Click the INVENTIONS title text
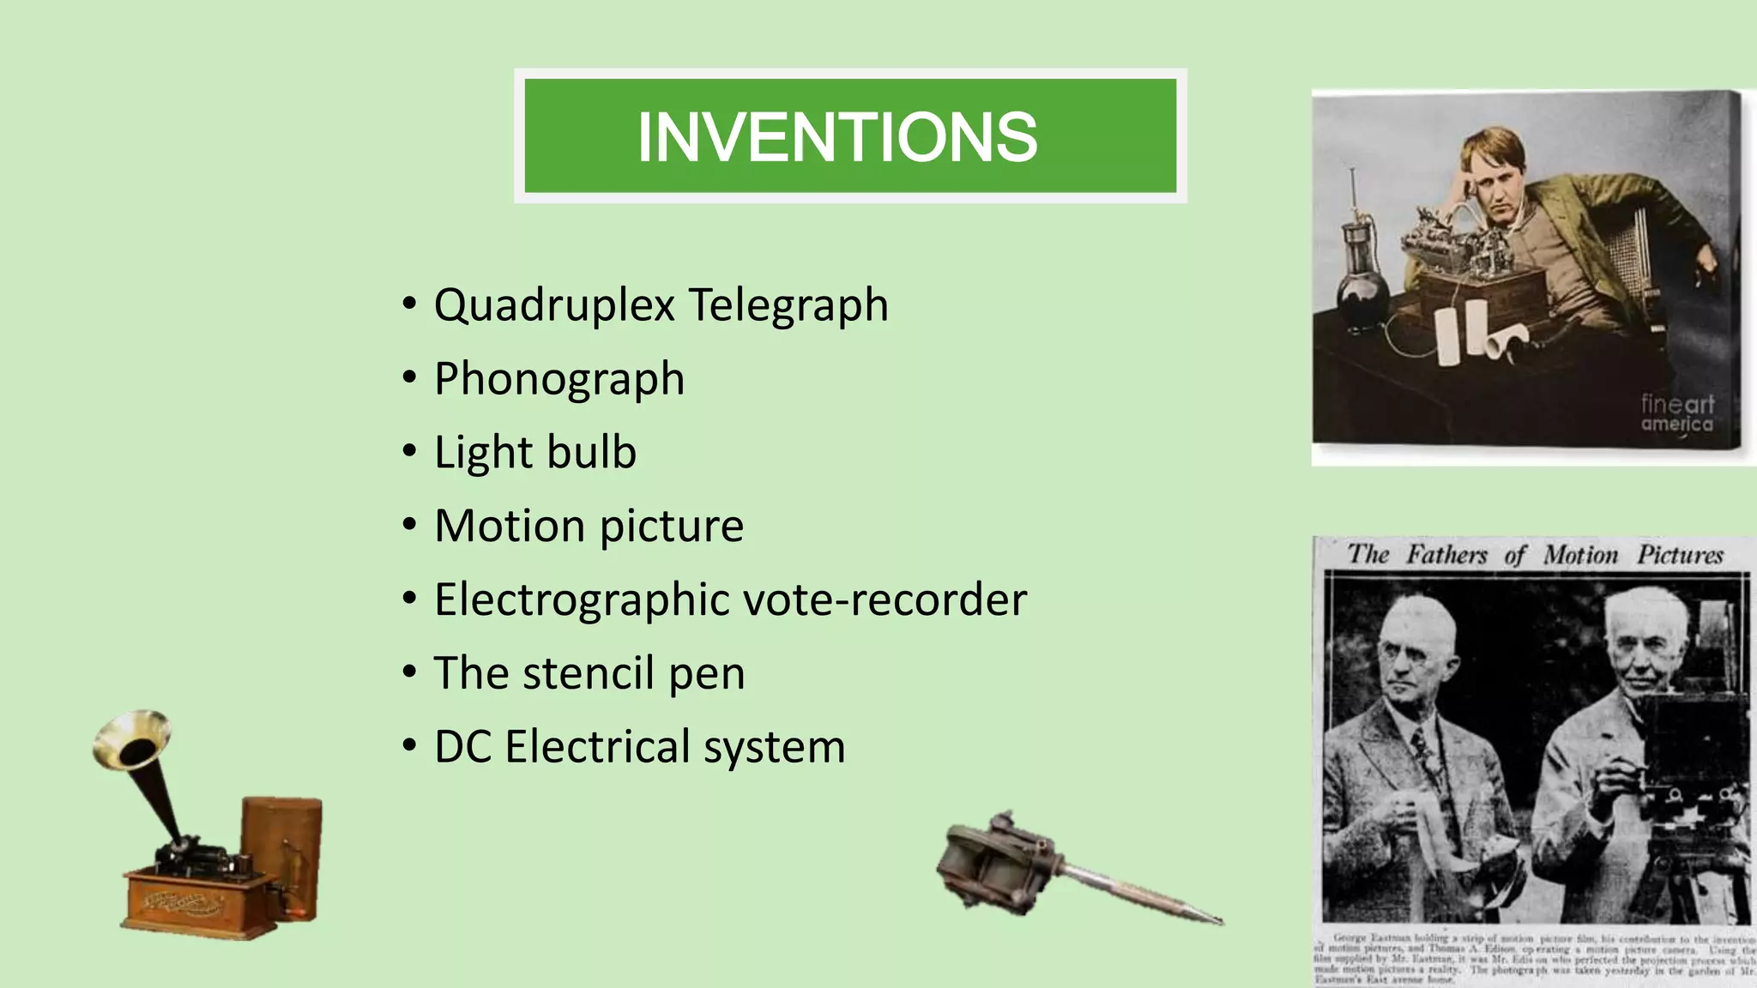(837, 137)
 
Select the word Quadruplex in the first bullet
(554, 305)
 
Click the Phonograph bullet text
(559, 379)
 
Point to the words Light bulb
(535, 452)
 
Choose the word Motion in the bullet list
(510, 526)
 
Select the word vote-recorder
(885, 599)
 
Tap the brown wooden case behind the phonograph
(281, 845)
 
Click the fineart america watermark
(1676, 413)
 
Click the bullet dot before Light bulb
(410, 451)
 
